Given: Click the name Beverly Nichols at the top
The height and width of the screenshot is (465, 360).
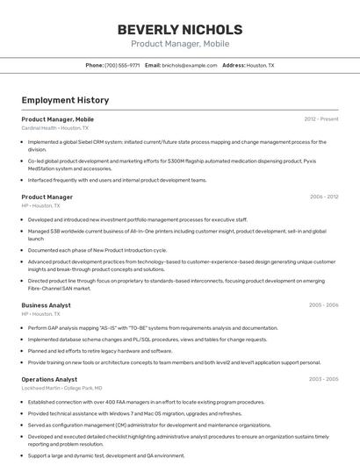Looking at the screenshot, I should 180,29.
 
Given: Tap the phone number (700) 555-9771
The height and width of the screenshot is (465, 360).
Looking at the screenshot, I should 122,65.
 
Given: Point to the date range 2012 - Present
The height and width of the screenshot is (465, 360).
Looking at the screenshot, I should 321,118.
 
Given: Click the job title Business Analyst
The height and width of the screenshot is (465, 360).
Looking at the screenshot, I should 47,304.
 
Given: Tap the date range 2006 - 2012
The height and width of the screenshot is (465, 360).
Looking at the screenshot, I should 323,197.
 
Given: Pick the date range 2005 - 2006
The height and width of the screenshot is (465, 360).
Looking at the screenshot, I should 323,304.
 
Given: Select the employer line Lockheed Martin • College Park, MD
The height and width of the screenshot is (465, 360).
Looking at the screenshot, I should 61,388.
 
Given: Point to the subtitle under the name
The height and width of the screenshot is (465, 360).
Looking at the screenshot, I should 180,44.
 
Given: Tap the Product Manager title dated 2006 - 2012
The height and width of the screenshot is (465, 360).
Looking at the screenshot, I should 47,197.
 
